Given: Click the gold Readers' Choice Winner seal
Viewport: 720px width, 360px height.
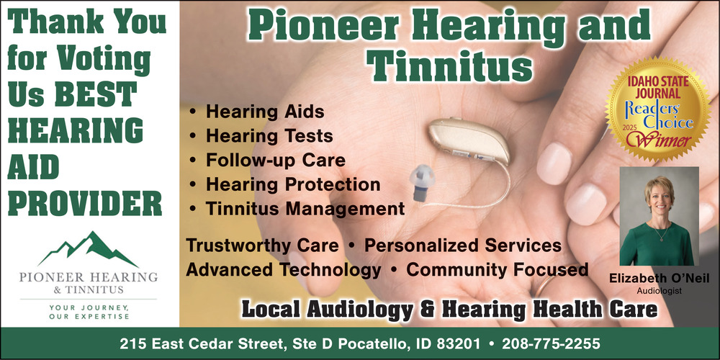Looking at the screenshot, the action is [658, 109].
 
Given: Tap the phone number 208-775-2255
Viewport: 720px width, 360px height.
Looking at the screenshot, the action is [551, 343].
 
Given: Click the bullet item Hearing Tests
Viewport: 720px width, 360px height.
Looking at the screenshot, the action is [269, 136].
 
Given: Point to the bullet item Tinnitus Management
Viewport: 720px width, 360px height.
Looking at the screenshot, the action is [305, 209].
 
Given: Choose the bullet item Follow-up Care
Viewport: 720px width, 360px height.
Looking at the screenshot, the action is [276, 161].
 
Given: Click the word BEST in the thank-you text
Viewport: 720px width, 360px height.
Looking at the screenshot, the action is [96, 94].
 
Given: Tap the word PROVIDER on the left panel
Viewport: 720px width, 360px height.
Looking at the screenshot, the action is [85, 203].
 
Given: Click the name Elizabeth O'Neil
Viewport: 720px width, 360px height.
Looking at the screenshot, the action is [659, 278].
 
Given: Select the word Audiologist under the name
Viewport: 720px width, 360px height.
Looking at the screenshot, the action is [659, 291].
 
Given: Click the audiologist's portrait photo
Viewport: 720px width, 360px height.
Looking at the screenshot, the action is [659, 216].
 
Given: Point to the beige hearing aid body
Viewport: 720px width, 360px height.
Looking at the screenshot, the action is [469, 140].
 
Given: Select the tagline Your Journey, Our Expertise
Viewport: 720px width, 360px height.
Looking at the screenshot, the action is [89, 312].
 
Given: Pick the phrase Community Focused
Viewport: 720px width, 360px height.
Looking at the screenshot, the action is [498, 269].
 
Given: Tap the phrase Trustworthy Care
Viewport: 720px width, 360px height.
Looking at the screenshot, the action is [262, 246].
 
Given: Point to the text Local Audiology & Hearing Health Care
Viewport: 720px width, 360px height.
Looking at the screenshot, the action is [449, 309].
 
